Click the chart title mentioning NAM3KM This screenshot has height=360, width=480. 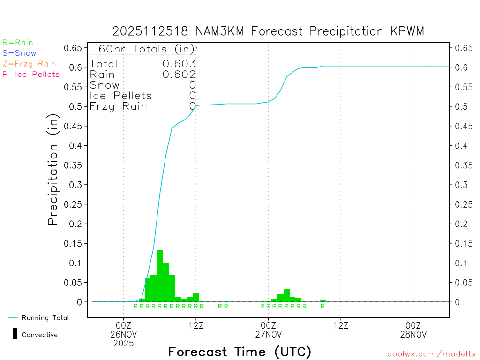268,31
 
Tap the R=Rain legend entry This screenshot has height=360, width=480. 18,43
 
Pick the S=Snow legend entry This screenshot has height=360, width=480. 19,53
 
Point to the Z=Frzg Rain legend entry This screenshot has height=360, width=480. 29,64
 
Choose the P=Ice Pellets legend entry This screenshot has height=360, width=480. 31,74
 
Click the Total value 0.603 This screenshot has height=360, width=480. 179,64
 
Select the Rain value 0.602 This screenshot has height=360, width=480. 179,74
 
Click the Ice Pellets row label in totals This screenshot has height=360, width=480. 121,96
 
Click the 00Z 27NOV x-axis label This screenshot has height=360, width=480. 268,330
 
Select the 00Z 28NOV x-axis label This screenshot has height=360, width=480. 413,330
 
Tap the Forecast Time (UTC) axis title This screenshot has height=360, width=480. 240,352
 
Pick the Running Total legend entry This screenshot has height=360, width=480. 45,318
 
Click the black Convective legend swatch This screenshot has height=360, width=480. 15,334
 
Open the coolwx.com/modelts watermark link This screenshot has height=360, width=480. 431,354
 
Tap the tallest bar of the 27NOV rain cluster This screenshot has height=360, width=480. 286,295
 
